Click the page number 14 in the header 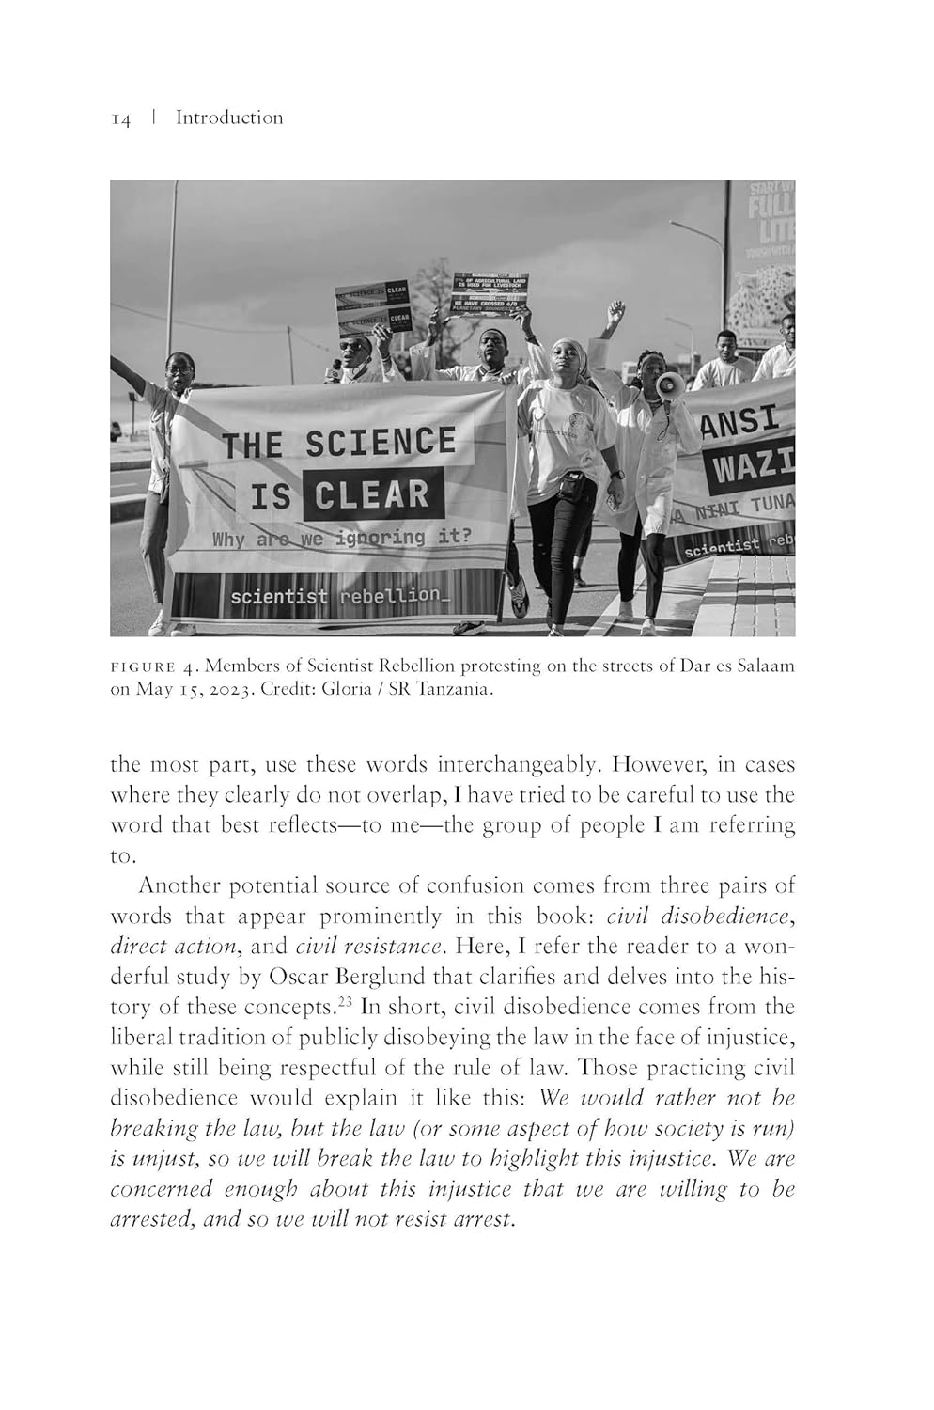tap(120, 118)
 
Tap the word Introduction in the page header tap(228, 117)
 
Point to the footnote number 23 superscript tap(346, 1001)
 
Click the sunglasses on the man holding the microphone tap(351, 347)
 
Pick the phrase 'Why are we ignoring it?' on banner tap(342, 539)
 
